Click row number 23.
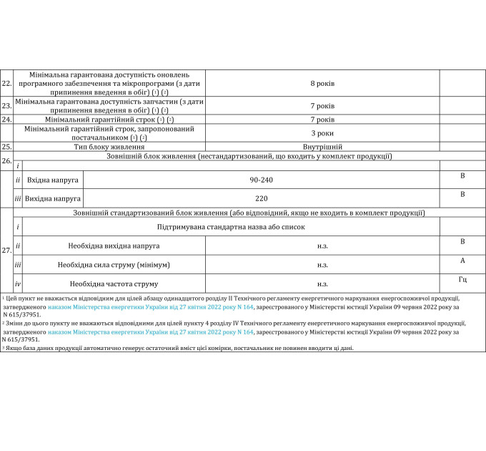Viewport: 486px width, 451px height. [x=7, y=106]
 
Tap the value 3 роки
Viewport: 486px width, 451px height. [x=322, y=133]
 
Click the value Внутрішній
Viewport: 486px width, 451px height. [x=322, y=146]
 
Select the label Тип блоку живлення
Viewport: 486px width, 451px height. [x=109, y=146]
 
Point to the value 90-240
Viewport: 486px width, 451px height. [x=262, y=179]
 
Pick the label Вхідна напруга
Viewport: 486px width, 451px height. [x=52, y=179]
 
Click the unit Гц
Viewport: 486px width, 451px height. [x=462, y=277]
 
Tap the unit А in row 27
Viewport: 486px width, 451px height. [x=462, y=260]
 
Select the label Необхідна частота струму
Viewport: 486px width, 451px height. [x=109, y=283]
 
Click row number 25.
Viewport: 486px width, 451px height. [x=7, y=146]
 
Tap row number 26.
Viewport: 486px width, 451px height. [x=7, y=160]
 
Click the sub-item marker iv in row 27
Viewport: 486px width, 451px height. [x=18, y=283]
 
